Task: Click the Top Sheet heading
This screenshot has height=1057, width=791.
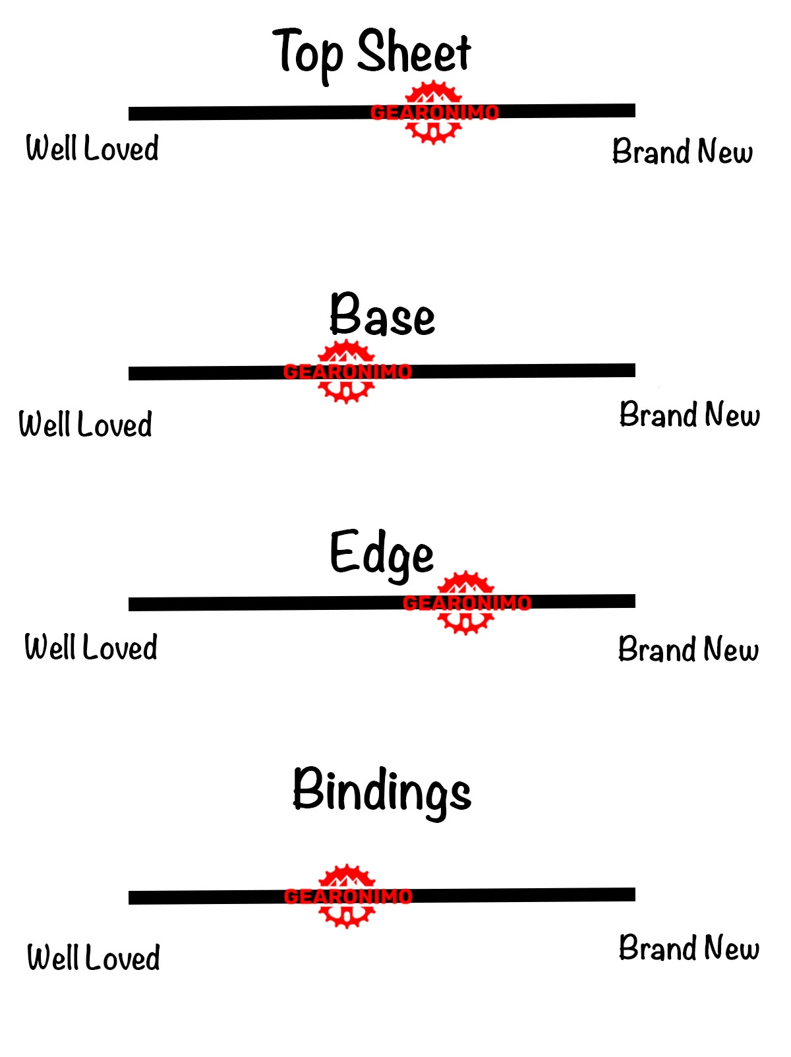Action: pos(371,55)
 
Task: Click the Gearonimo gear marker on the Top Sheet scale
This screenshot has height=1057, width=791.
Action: pos(434,112)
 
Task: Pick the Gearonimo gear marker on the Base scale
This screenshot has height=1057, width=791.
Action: pos(347,371)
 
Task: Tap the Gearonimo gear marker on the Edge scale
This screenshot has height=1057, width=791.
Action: pos(466,603)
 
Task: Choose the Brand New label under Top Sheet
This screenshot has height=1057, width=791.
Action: pos(682,151)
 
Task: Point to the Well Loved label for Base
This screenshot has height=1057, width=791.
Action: pos(85,424)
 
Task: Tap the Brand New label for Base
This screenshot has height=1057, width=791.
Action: pos(689,414)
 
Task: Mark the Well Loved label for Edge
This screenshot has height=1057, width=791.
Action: pos(91,646)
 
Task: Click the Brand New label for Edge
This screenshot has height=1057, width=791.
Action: pos(688,648)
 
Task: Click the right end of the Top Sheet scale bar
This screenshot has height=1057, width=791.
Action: pos(635,110)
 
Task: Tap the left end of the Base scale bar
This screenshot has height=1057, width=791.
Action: pos(129,373)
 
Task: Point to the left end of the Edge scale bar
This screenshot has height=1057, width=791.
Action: pos(129,604)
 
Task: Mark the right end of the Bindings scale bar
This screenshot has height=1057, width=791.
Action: pos(635,894)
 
